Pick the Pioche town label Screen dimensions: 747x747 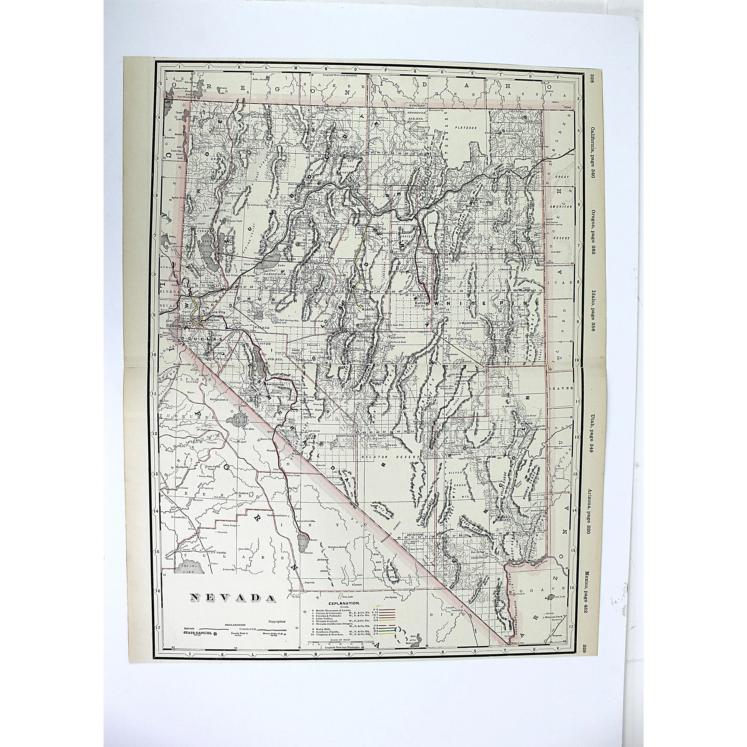click(527, 423)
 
